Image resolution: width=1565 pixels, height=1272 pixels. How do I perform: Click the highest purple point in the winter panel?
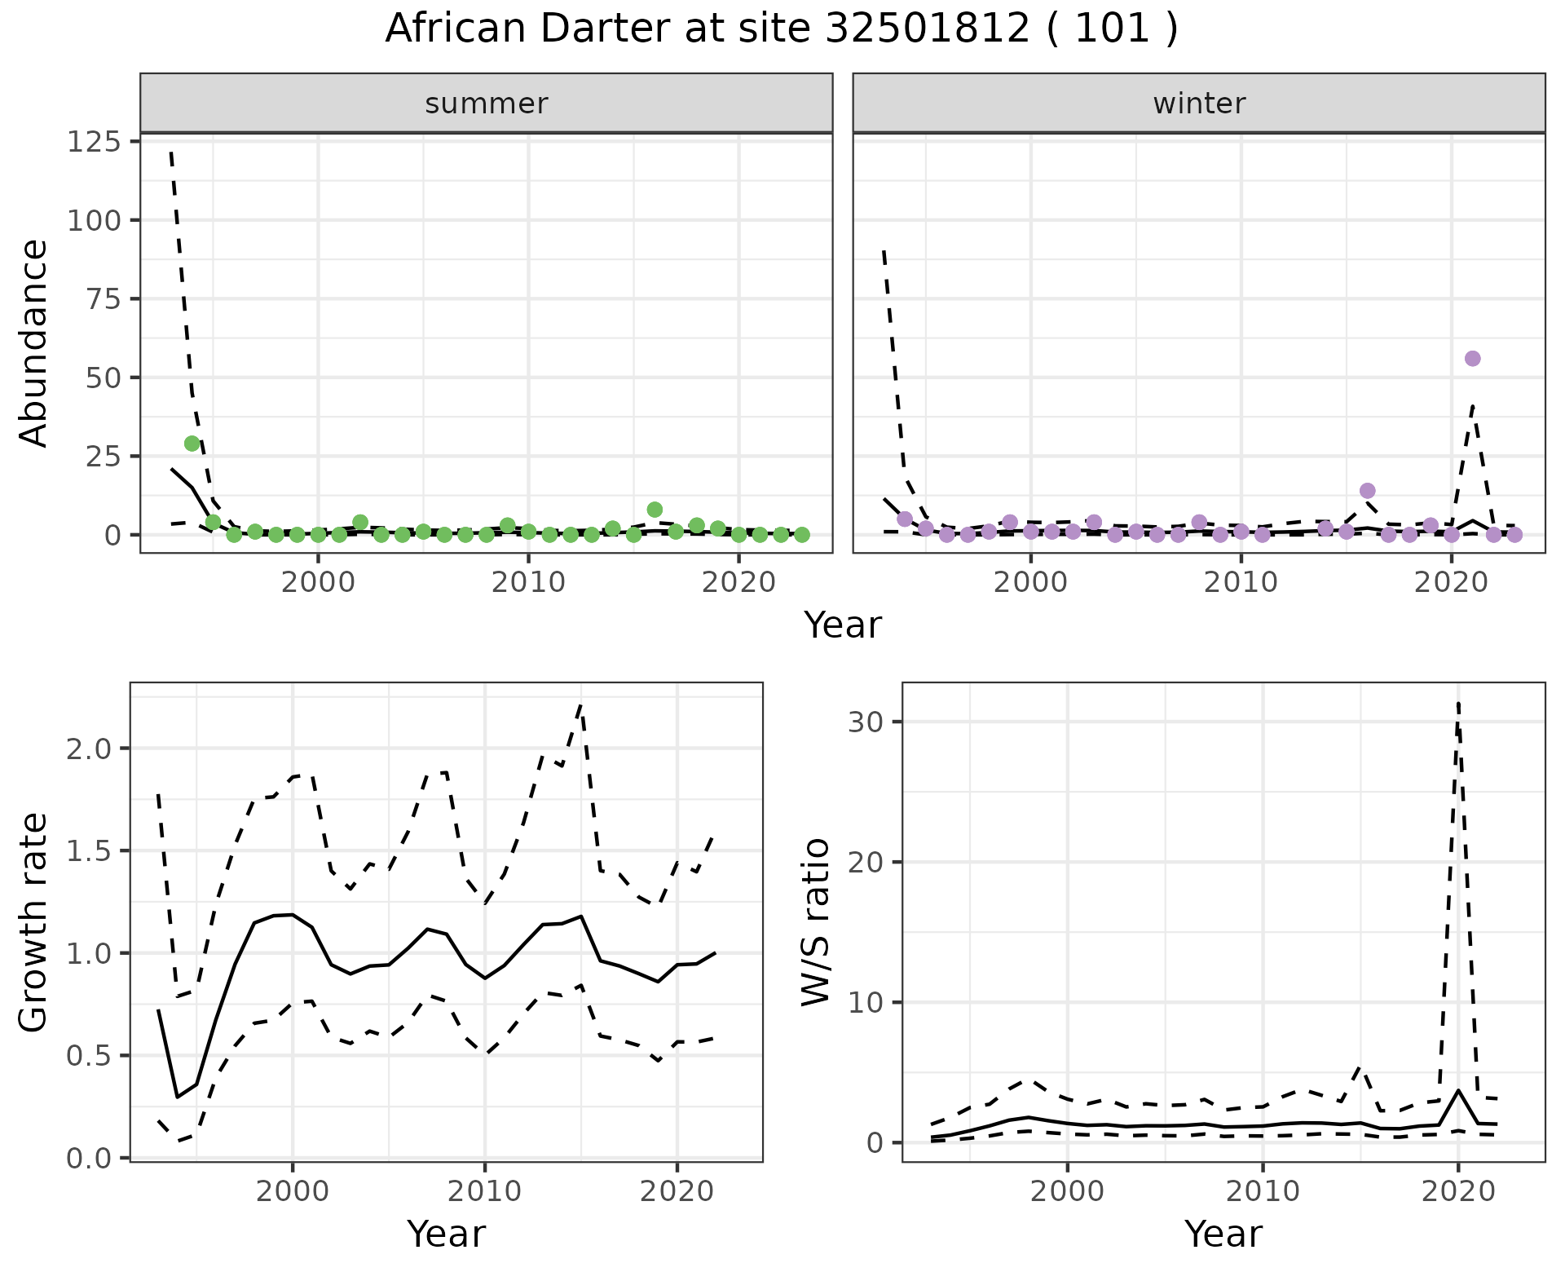pos(1472,359)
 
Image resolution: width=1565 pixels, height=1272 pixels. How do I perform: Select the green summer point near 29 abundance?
pos(192,444)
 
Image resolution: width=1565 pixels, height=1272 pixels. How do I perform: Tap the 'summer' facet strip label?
pos(487,104)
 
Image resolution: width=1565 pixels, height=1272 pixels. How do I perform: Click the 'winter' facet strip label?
pos(1199,104)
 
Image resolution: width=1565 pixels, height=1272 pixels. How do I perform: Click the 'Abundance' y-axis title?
pos(34,342)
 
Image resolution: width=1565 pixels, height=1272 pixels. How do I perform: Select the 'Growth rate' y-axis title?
pos(34,921)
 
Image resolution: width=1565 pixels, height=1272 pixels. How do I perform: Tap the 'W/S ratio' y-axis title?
pos(815,921)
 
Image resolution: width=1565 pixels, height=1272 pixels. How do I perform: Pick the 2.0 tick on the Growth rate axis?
pos(91,749)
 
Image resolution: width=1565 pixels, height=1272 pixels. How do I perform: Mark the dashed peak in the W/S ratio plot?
pos(1458,703)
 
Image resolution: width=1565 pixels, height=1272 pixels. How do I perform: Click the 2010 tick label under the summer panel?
pos(528,583)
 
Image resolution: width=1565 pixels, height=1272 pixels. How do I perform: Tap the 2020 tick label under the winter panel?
pos(1451,583)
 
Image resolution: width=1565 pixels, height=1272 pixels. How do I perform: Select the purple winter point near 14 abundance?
pos(1368,491)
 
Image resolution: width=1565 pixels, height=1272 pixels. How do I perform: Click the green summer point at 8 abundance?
pos(655,510)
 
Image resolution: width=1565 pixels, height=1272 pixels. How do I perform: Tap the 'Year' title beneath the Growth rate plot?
pos(446,1234)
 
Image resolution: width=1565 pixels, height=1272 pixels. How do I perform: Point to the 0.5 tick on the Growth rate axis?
pos(91,1056)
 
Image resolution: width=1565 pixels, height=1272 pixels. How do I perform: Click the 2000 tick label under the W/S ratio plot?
pos(1067,1191)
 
